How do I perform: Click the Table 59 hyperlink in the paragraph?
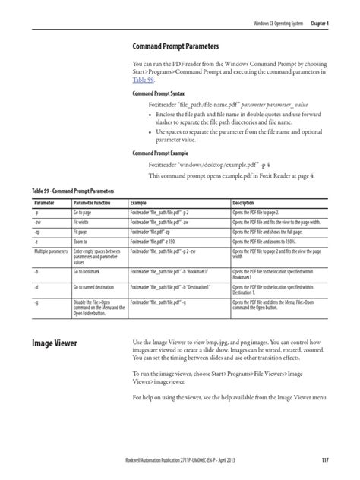(x=144, y=81)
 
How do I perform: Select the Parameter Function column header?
(x=95, y=204)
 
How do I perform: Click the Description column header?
(x=249, y=204)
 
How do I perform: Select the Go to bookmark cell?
(x=91, y=270)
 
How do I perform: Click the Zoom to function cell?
(x=84, y=241)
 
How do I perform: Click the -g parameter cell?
(x=37, y=303)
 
